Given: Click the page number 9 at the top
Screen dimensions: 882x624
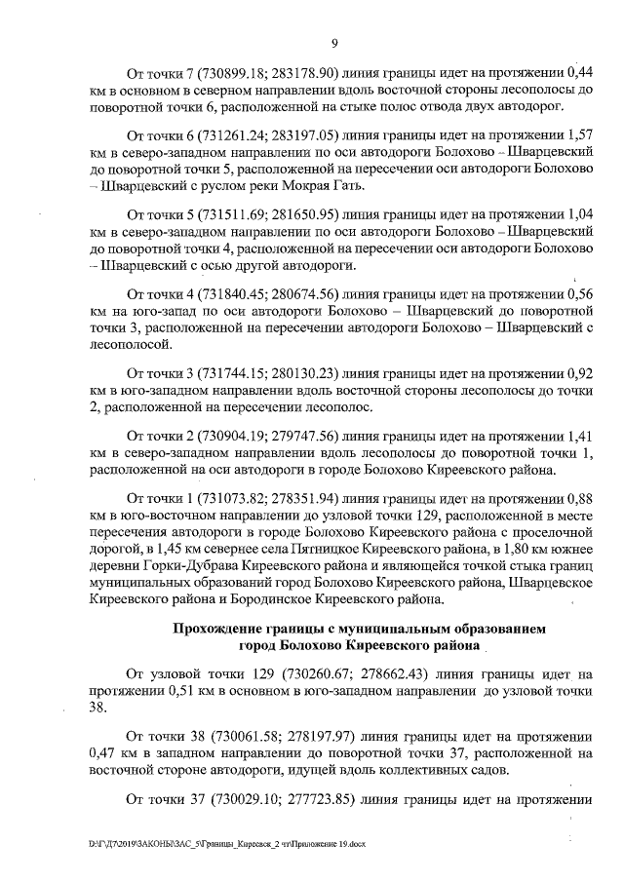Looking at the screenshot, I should tap(333, 43).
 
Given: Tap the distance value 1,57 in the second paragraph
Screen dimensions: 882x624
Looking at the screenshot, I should tap(582, 138).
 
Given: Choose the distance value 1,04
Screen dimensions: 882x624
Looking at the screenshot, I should tap(582, 214).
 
